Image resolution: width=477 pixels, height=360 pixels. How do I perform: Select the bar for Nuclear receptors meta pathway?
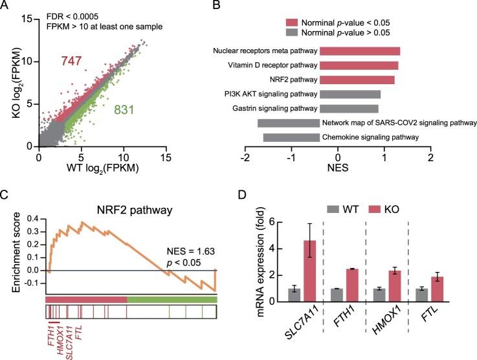360,51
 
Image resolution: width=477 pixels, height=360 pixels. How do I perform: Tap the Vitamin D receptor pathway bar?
359,65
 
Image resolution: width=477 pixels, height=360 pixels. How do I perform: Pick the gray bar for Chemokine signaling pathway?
292,137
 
